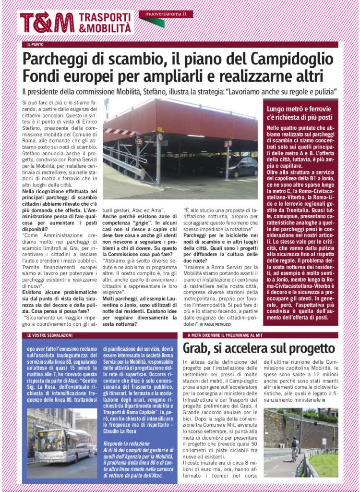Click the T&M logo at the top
[x=47, y=23]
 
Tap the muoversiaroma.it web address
[x=166, y=14]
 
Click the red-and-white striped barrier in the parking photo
[x=120, y=132]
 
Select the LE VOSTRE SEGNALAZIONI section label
[x=50, y=334]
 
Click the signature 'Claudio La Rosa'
[x=125, y=430]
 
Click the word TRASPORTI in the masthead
[x=104, y=17]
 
